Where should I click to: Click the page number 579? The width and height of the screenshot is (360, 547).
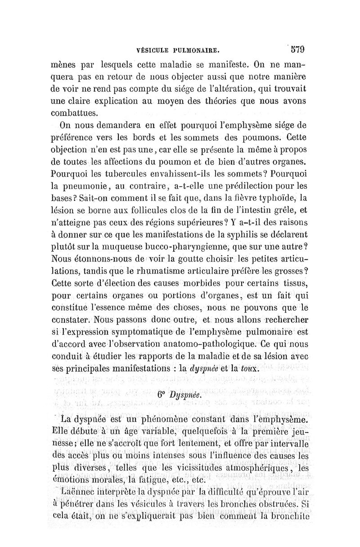point(297,46)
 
